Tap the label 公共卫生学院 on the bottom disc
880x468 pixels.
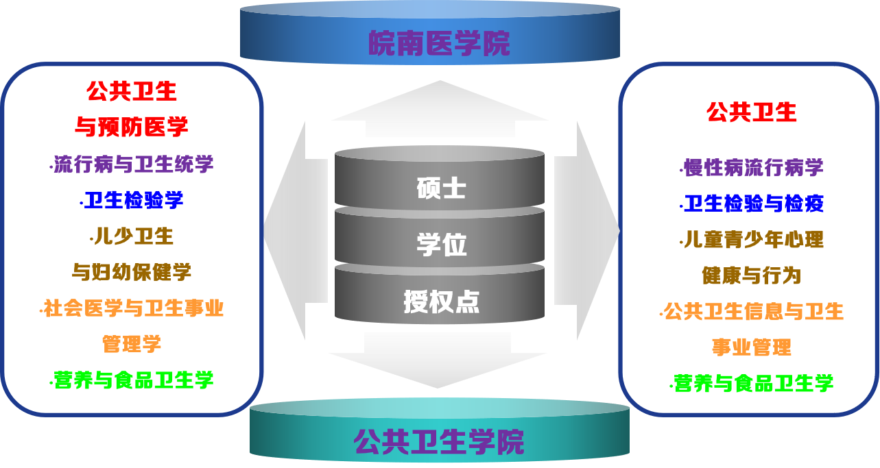439,441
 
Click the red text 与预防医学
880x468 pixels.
131,126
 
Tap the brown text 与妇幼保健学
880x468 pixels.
132,271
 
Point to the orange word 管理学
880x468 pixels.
132,343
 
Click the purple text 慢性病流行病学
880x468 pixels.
752,167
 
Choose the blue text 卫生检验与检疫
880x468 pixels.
753,204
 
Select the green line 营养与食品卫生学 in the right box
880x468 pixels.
752,383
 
